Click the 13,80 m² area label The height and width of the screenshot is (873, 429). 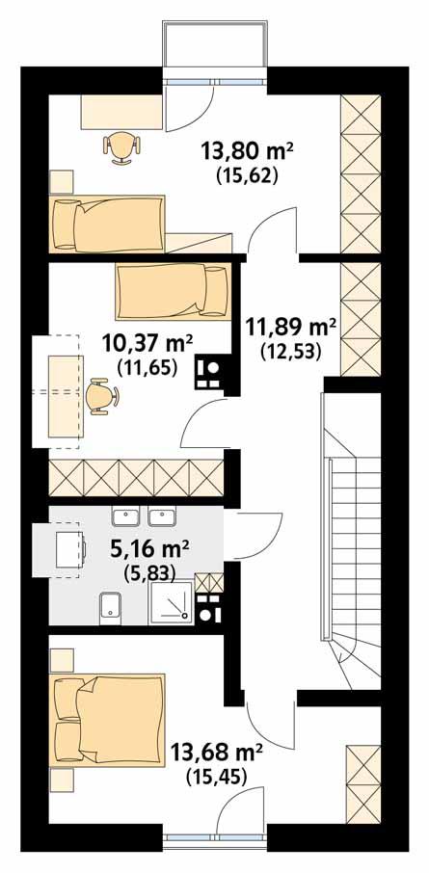point(246,151)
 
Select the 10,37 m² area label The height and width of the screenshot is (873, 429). point(147,342)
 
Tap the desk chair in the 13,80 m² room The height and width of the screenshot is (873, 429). point(122,146)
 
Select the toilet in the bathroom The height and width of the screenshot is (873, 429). point(109,607)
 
